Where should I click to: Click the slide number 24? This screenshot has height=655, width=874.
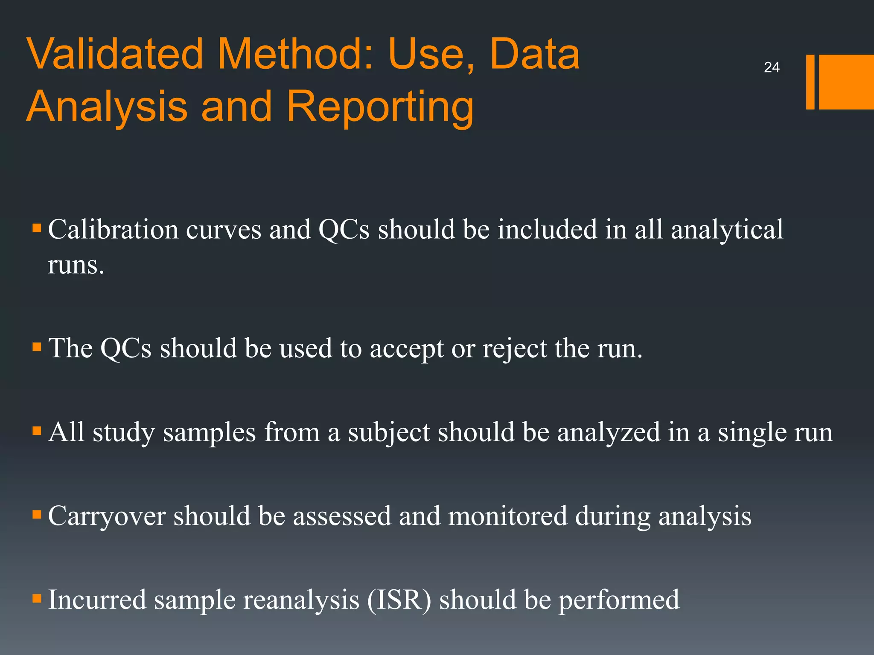[772, 67]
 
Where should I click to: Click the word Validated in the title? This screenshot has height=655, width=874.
[115, 54]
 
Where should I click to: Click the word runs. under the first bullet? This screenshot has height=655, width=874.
[76, 265]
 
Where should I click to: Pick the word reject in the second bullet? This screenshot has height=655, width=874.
[515, 349]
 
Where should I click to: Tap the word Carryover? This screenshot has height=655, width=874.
[107, 516]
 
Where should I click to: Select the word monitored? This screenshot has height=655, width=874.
[508, 516]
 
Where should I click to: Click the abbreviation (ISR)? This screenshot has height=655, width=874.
[399, 600]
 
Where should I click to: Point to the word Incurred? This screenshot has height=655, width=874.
[97, 600]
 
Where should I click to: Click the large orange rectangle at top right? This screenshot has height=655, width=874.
[846, 82]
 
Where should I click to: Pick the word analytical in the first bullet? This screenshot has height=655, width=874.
[727, 229]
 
